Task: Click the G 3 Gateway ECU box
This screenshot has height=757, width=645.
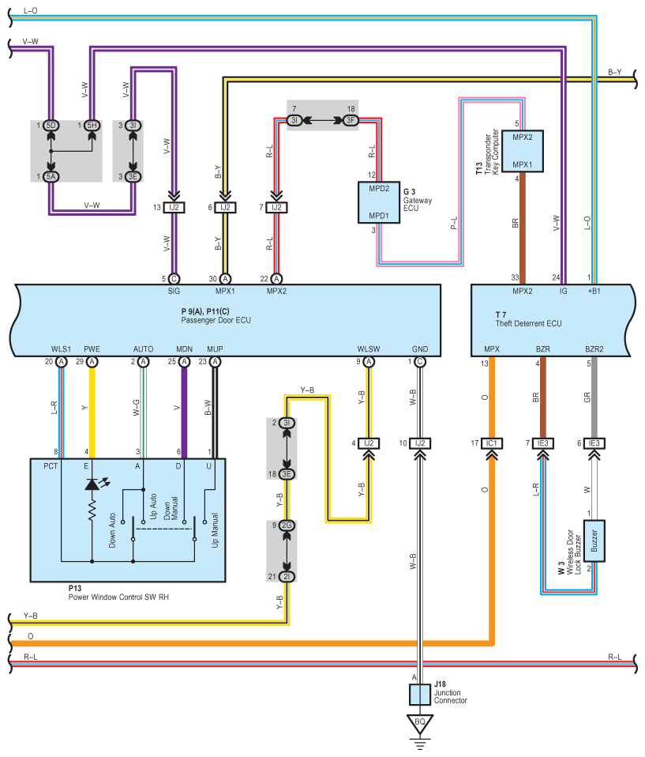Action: [x=378, y=203]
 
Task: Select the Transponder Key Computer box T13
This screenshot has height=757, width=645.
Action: [x=518, y=150]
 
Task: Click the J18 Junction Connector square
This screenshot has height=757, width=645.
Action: [x=419, y=695]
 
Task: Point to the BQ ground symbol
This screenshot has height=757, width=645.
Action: [x=419, y=722]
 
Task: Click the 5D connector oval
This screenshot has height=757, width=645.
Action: [x=51, y=126]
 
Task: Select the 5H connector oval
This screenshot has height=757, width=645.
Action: [x=92, y=126]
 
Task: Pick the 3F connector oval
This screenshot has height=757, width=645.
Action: [x=351, y=120]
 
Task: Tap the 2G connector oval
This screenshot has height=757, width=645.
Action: [x=287, y=525]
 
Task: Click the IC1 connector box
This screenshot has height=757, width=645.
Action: [x=491, y=443]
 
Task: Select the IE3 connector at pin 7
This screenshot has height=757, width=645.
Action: [x=542, y=443]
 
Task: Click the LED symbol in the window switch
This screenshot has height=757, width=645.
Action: [x=92, y=484]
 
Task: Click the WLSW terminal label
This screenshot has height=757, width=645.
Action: [x=368, y=349]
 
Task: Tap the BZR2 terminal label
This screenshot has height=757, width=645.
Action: [x=594, y=349]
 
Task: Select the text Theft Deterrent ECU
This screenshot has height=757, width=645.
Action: [x=528, y=324]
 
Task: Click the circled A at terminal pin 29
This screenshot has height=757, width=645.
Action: [x=92, y=361]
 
